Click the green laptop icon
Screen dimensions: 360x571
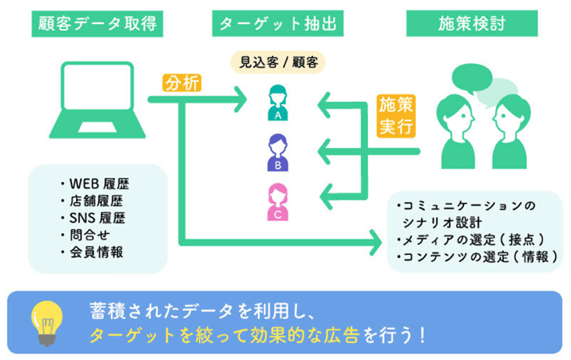[x=97, y=101]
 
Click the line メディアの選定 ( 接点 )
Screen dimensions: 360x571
[x=470, y=240]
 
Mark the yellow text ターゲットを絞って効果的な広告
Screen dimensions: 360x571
[x=225, y=334]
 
